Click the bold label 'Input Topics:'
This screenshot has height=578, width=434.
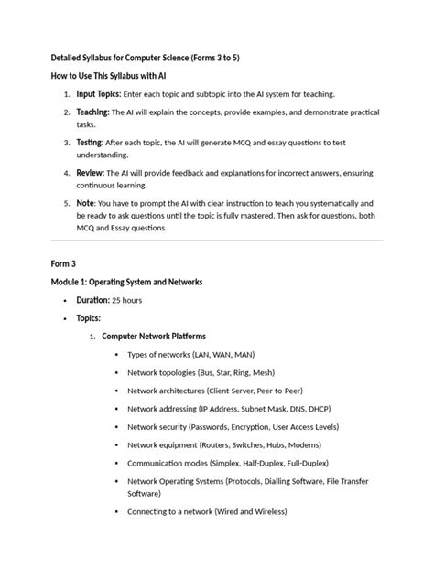coord(98,94)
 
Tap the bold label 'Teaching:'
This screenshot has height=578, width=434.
coord(92,112)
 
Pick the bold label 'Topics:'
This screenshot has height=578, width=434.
coord(89,318)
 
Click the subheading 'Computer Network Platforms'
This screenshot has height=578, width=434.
coord(154,337)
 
